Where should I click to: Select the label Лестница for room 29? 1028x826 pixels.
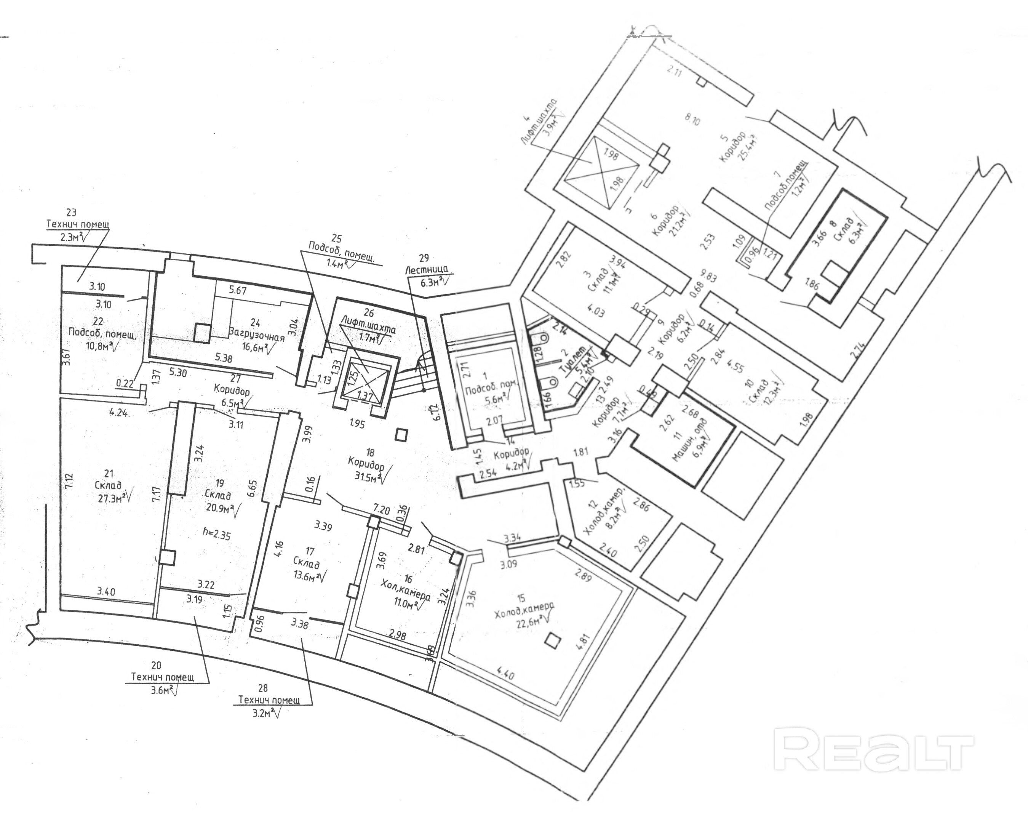click(426, 270)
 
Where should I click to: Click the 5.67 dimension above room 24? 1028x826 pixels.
click(237, 290)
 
